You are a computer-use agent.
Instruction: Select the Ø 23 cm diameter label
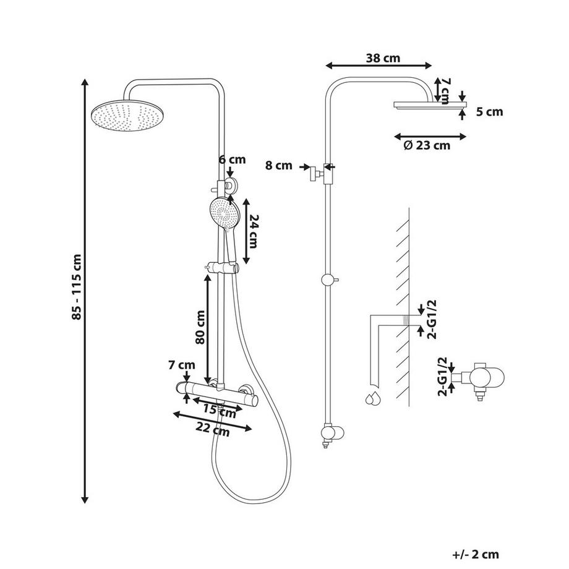click(x=426, y=146)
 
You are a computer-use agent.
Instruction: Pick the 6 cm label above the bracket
click(x=232, y=160)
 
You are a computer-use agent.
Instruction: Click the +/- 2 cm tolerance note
click(x=475, y=555)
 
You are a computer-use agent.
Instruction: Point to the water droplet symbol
click(x=372, y=398)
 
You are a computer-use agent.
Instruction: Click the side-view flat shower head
click(x=427, y=105)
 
